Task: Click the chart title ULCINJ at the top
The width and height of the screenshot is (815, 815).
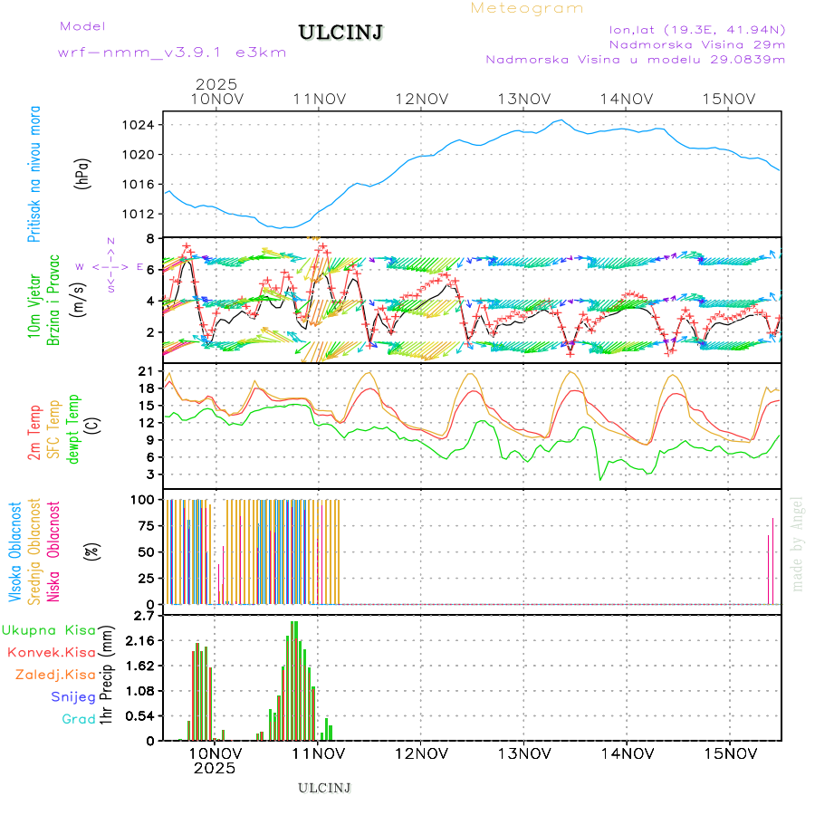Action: click(340, 33)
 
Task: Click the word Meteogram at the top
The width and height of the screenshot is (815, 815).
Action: click(527, 8)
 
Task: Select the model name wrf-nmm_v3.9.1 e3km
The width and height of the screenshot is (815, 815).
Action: click(172, 52)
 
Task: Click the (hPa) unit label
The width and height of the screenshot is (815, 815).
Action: click(82, 173)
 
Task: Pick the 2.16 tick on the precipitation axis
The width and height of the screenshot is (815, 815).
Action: click(139, 640)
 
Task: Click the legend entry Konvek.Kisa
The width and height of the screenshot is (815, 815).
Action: click(51, 652)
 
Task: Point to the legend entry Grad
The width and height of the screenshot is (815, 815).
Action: click(78, 719)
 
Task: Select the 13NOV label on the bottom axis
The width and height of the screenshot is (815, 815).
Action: click(524, 753)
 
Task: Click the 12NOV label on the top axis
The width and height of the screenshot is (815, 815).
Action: click(421, 99)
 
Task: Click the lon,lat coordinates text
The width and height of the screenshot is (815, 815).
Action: click(697, 29)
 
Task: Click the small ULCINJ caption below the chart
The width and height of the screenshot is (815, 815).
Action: click(324, 788)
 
